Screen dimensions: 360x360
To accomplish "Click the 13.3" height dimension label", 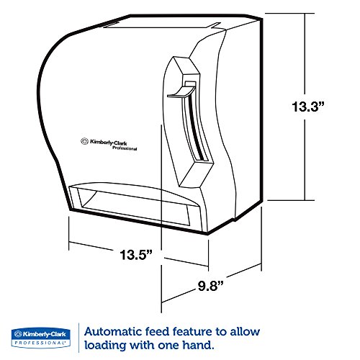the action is point(308,107).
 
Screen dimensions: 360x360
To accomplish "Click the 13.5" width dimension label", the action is point(136,254).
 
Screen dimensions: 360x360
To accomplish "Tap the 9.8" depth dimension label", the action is point(210,286).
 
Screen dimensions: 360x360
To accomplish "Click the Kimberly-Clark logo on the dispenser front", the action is point(109,144).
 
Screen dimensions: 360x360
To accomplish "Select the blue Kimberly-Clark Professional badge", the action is point(41,338).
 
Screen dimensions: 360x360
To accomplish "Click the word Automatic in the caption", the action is point(113,332).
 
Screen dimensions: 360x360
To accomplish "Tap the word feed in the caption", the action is point(157,332).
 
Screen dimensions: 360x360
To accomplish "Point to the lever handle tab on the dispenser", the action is point(181,92).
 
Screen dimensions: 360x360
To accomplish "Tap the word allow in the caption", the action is point(245,332).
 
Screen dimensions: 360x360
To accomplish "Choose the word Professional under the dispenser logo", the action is point(125,148).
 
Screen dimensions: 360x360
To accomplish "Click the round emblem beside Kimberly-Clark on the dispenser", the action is point(84,141).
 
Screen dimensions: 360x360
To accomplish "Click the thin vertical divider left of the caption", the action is point(78,338).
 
